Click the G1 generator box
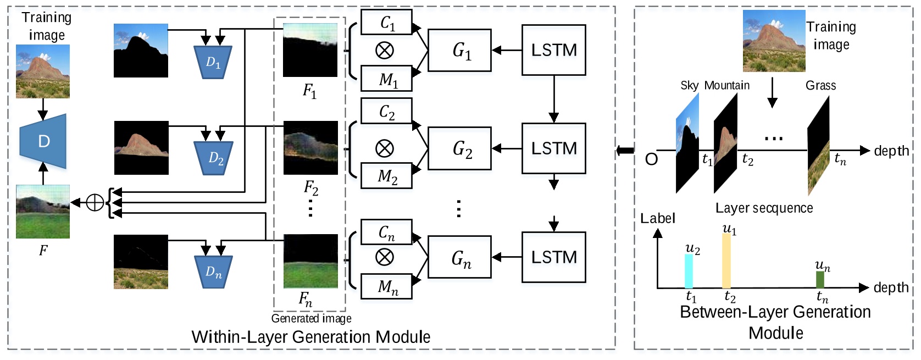click(x=459, y=51)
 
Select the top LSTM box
click(x=553, y=50)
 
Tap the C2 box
click(x=386, y=112)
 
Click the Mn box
click(x=386, y=286)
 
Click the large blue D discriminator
click(x=44, y=141)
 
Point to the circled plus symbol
click(x=95, y=203)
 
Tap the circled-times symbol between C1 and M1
click(x=384, y=51)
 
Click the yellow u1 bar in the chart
click(x=726, y=261)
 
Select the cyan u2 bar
click(x=689, y=271)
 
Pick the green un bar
click(x=820, y=279)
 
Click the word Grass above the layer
click(x=820, y=86)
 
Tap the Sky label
click(x=689, y=86)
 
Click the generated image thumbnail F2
click(x=310, y=148)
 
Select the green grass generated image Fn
click(x=310, y=262)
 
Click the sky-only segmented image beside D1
click(x=141, y=51)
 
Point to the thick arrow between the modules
click(x=625, y=150)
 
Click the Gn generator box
click(x=459, y=258)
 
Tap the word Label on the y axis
click(x=657, y=219)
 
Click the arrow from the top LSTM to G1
click(x=506, y=51)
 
